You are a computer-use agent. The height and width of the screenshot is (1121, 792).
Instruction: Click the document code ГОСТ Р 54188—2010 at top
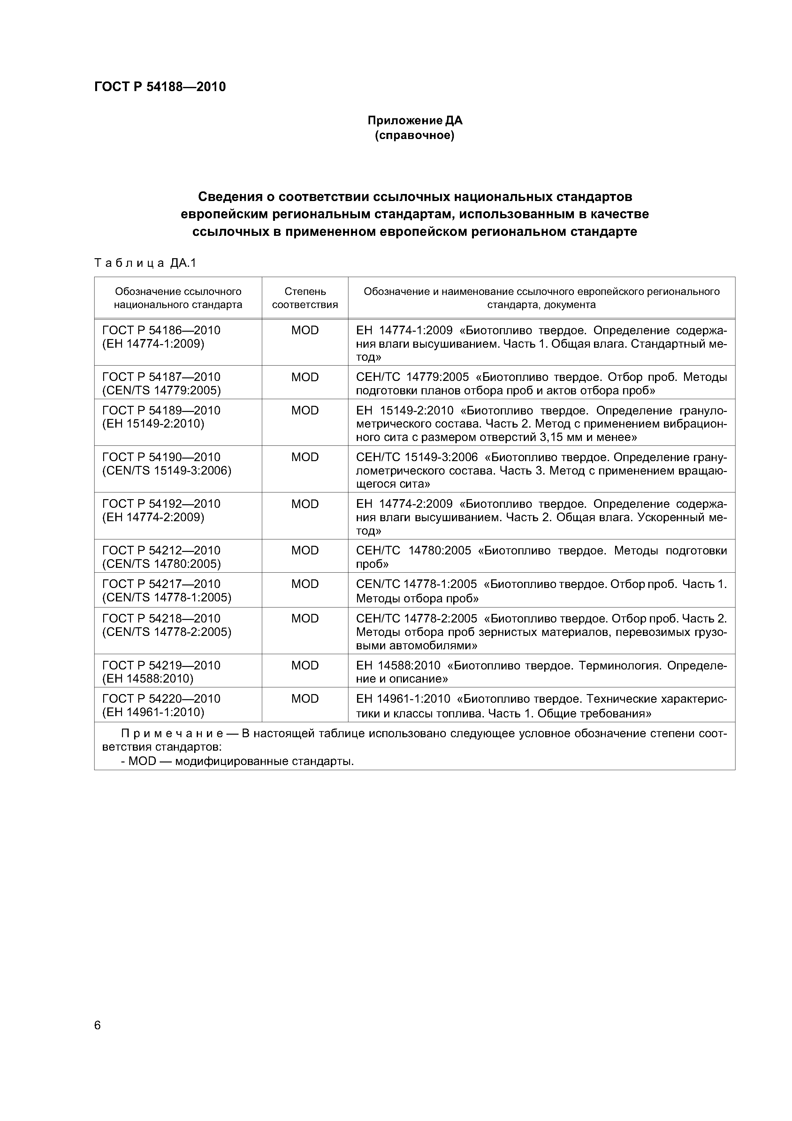(160, 87)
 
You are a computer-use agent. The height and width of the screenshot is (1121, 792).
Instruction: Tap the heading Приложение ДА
(415, 120)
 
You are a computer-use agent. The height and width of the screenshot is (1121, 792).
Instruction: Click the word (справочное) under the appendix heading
(415, 135)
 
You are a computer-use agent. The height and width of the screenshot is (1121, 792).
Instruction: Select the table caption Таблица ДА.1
(145, 263)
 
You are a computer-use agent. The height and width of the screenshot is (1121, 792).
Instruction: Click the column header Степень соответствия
(305, 298)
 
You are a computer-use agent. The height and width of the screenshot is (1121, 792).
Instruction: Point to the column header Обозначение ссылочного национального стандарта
(178, 298)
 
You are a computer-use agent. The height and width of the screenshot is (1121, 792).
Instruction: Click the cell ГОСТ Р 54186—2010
(162, 330)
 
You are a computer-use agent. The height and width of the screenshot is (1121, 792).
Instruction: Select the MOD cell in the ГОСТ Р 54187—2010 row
(305, 377)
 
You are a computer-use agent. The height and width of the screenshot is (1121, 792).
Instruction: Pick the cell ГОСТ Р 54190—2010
(162, 457)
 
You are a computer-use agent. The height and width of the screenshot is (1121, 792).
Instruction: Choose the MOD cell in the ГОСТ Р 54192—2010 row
(305, 504)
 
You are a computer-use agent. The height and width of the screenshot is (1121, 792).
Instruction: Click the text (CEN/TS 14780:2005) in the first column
(162, 564)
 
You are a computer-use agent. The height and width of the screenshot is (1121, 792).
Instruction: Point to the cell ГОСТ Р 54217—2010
(162, 584)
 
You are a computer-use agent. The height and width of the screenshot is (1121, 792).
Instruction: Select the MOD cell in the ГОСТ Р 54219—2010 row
(305, 665)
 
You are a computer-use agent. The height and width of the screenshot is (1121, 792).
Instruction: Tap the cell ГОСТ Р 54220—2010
(162, 699)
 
